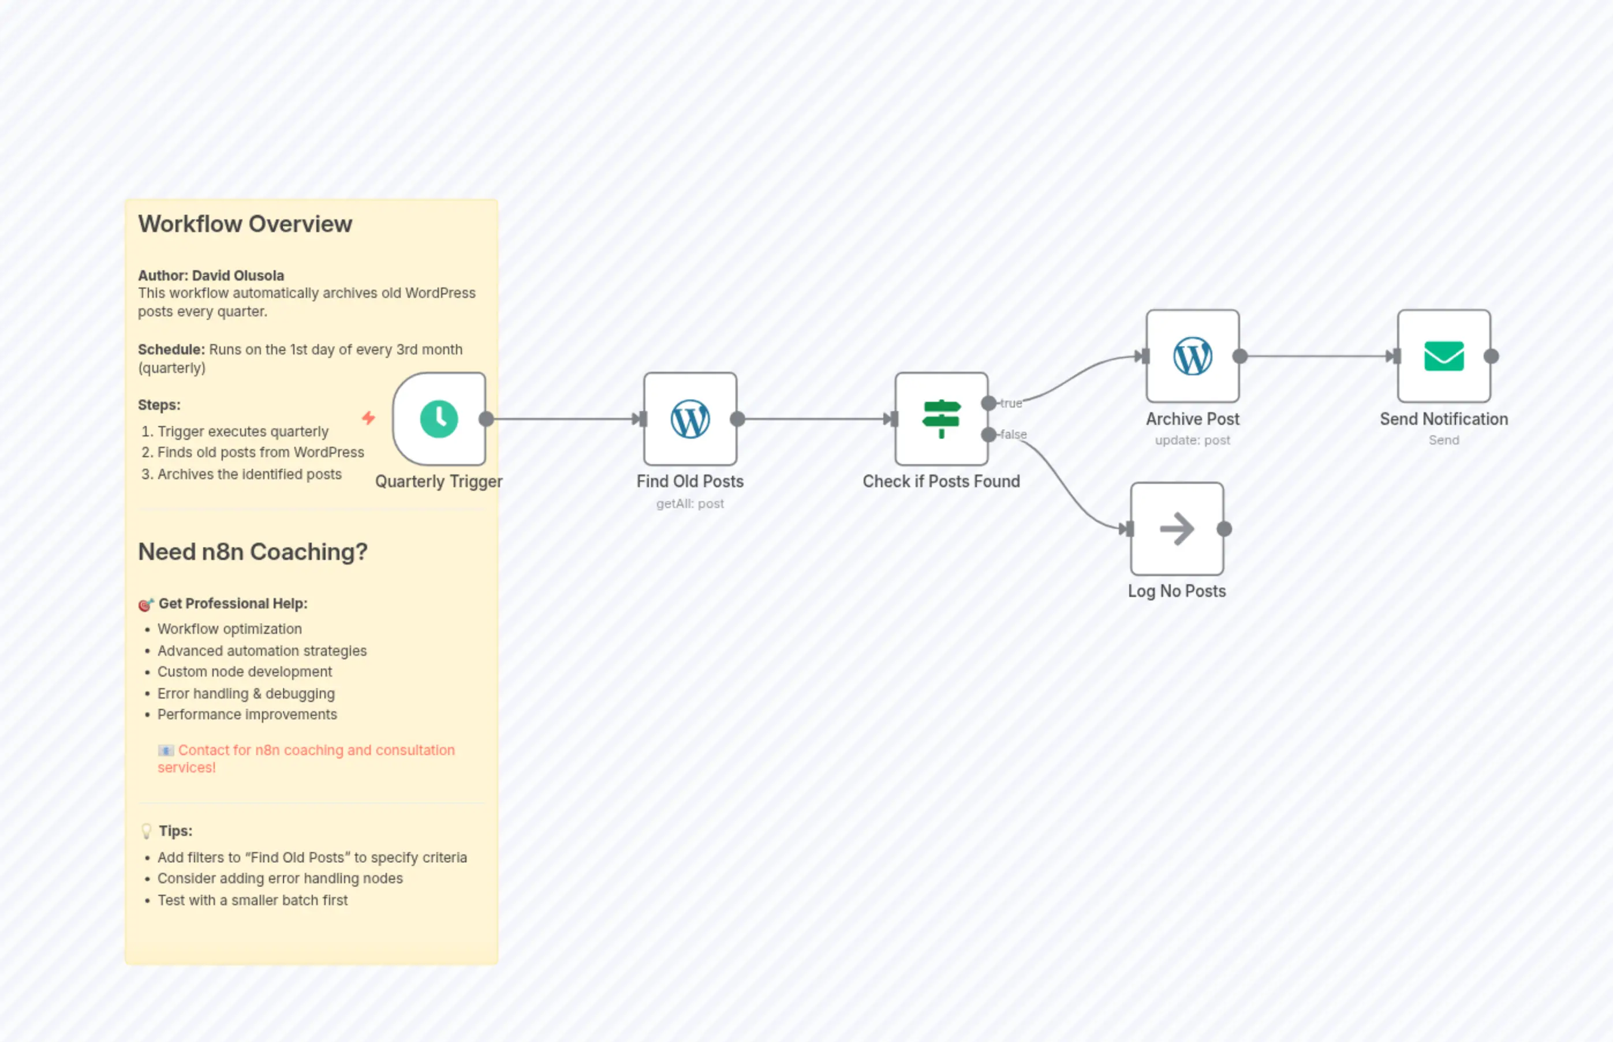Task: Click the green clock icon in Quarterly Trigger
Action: click(x=438, y=419)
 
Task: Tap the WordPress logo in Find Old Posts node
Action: click(x=689, y=419)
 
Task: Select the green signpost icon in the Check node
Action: click(x=940, y=419)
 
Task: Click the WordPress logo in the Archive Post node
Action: click(x=1192, y=357)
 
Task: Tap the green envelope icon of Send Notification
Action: click(x=1443, y=357)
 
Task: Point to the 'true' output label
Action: click(x=1011, y=404)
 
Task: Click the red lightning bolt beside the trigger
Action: click(x=368, y=417)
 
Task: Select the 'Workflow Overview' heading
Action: click(x=245, y=224)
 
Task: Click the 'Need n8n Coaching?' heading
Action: click(x=252, y=551)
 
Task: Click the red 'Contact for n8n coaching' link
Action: click(x=315, y=750)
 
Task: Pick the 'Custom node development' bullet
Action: click(x=244, y=672)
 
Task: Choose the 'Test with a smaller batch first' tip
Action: click(x=252, y=900)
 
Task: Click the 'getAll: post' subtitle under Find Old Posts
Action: click(x=689, y=503)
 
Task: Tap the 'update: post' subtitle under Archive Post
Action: click(x=1192, y=440)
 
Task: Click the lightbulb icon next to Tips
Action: click(x=146, y=831)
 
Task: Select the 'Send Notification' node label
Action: click(x=1443, y=419)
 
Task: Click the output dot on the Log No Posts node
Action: click(x=1224, y=529)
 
